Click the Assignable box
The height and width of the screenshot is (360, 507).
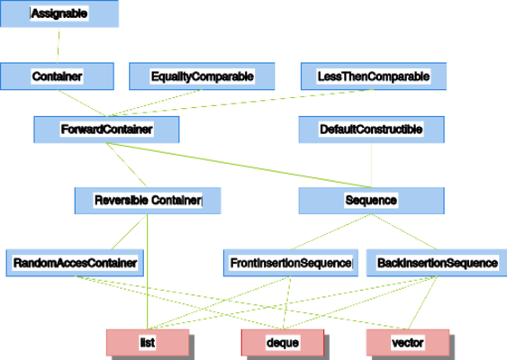[x=59, y=13]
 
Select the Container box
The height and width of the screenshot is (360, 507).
[x=57, y=76]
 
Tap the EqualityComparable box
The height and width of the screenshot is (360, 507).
[x=202, y=76]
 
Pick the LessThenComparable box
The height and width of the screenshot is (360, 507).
[x=374, y=76]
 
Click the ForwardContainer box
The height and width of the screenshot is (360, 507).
[x=106, y=130]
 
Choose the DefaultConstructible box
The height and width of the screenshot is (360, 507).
[x=371, y=130]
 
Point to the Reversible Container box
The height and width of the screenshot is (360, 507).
[x=148, y=201]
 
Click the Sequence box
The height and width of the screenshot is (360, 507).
[x=371, y=201]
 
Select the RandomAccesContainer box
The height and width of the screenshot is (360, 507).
[x=75, y=263]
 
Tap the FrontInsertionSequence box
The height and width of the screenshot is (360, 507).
[x=290, y=263]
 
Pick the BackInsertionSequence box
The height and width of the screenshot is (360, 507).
[x=437, y=263]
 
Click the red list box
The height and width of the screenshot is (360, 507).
[x=148, y=343]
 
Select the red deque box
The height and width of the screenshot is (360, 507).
[x=283, y=343]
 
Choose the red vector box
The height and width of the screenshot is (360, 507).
[x=408, y=343]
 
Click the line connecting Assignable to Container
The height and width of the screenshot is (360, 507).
[x=59, y=45]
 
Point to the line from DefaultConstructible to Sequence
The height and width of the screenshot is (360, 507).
[x=372, y=165]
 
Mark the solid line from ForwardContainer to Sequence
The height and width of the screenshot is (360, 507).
[x=239, y=165]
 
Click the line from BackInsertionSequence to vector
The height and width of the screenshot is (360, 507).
[x=422, y=302]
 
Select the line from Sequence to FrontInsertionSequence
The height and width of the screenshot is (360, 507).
[x=330, y=231]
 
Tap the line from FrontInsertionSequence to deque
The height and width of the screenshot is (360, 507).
[x=286, y=302]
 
